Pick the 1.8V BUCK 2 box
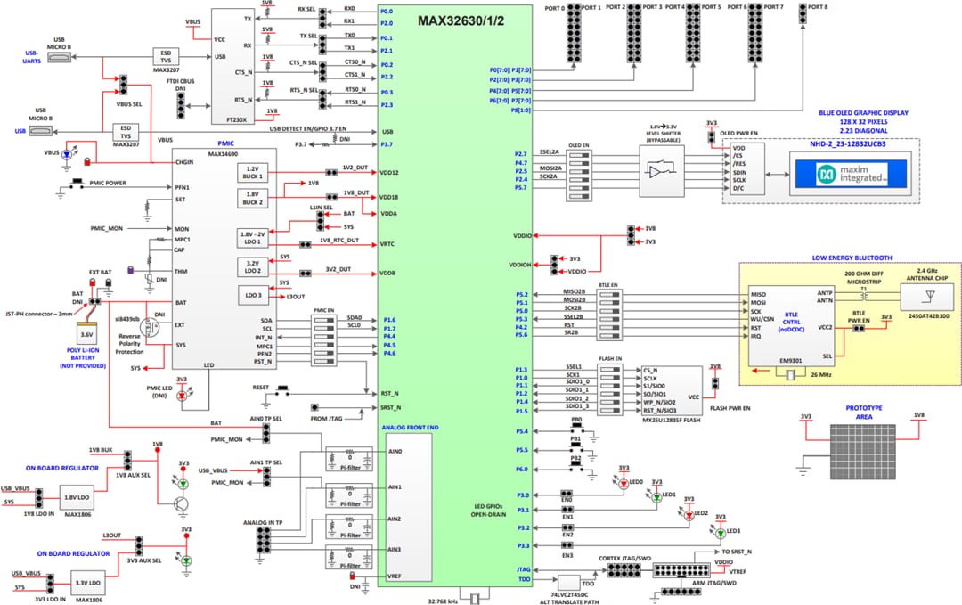pyautogui.click(x=254, y=197)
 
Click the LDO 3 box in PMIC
pyautogui.click(x=254, y=295)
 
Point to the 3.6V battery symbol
pyautogui.click(x=86, y=335)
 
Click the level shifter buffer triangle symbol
pyautogui.click(x=661, y=170)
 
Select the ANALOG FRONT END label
pyautogui.click(x=411, y=428)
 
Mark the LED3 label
pyautogui.click(x=733, y=531)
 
